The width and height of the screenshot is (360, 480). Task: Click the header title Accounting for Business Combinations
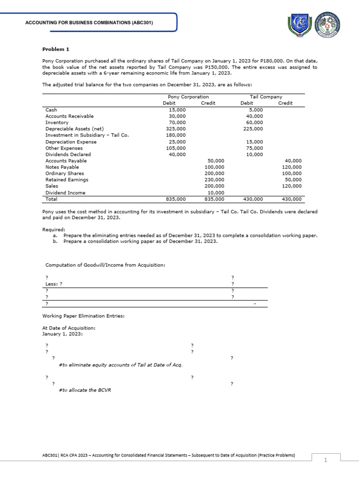pyautogui.click(x=89, y=22)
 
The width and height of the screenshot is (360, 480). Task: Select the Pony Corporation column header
pyautogui.click(x=188, y=97)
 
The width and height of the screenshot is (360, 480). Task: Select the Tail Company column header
pyautogui.click(x=266, y=97)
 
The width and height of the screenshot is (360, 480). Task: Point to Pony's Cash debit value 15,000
pyautogui.click(x=177, y=110)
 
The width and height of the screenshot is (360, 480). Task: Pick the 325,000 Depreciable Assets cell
pyautogui.click(x=176, y=129)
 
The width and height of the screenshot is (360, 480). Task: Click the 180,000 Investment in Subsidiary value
pyautogui.click(x=176, y=135)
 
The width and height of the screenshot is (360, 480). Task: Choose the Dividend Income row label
pyautogui.click(x=66, y=193)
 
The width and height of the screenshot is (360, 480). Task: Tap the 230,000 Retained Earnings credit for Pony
pyautogui.click(x=215, y=180)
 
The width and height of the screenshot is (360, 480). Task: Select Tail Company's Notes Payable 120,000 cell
pyautogui.click(x=292, y=167)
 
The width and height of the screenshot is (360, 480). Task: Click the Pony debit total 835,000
pyautogui.click(x=176, y=199)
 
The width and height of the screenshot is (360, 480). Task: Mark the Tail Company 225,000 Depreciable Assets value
pyautogui.click(x=253, y=129)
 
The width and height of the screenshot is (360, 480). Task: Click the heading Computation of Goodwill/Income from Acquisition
pyautogui.click(x=105, y=265)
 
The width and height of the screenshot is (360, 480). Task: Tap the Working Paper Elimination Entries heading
pyautogui.click(x=83, y=316)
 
